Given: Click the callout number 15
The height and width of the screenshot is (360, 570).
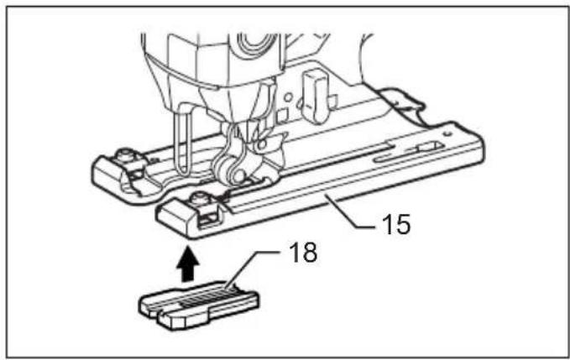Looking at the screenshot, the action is point(396,224).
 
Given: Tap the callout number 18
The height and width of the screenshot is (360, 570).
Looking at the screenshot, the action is point(303,252).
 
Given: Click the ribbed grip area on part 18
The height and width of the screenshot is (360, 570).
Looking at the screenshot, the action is point(207,297).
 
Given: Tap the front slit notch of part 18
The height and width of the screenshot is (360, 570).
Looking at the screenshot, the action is point(154,311).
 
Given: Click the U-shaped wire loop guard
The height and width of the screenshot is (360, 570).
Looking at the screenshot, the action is point(181,142).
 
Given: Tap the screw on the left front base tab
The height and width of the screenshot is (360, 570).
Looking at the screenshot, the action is point(127,154).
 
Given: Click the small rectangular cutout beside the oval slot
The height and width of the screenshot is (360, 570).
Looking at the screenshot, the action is point(430,147).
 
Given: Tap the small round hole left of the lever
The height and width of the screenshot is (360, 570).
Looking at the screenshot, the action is point(288,97).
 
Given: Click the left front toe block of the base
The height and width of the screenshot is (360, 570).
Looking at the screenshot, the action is point(109,175).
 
